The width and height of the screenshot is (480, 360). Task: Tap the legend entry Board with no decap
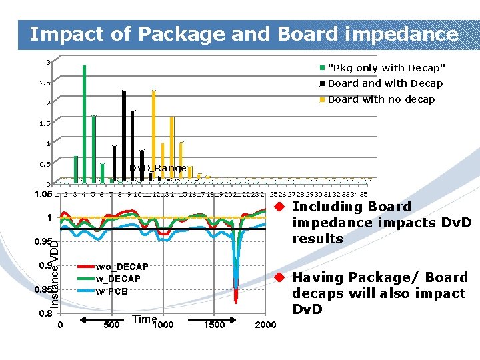point(381,99)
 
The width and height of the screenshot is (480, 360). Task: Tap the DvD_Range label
point(158,168)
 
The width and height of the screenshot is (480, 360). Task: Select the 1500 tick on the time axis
point(214,325)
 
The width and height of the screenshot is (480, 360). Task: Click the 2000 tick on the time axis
point(265,325)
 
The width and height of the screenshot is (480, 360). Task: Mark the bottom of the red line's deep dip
point(236,301)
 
